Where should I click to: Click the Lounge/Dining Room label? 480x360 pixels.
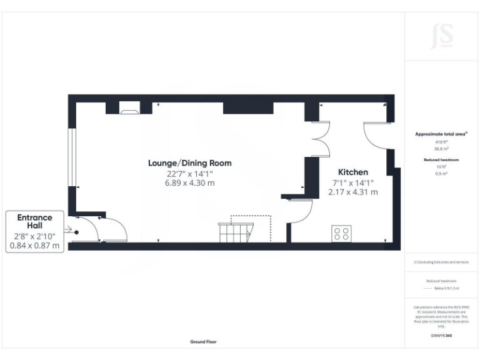click(x=189, y=163)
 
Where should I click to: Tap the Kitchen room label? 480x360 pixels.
click(x=353, y=172)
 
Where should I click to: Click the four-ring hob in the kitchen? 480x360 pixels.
click(x=342, y=234)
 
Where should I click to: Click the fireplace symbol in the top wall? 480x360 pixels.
click(x=129, y=111)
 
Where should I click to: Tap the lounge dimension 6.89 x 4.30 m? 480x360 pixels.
click(x=189, y=183)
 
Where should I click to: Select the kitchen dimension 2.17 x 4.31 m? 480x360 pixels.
click(x=353, y=192)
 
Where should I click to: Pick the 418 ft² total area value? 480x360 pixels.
click(x=442, y=142)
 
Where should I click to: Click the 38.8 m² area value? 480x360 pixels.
click(x=442, y=149)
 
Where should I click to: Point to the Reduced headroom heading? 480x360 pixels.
click(x=442, y=160)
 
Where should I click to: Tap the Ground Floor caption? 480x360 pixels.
click(x=203, y=342)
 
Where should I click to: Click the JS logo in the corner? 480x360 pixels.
click(x=441, y=36)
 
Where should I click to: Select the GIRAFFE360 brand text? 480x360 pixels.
click(x=442, y=336)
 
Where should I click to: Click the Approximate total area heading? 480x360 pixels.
click(x=442, y=134)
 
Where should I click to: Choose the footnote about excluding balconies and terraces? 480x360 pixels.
click(x=442, y=262)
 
